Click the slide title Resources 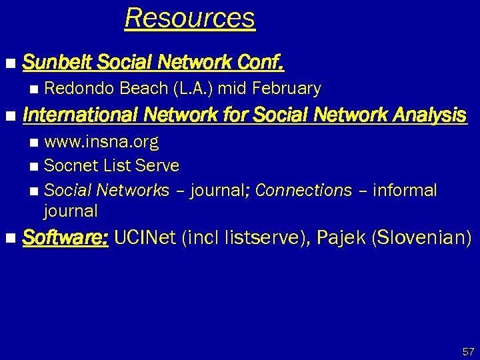pyautogui.click(x=189, y=18)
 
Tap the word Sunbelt pyautogui.click(x=57, y=63)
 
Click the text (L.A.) pyautogui.click(x=193, y=88)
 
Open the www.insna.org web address pyautogui.click(x=101, y=142)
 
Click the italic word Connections pyautogui.click(x=303, y=190)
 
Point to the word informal pyautogui.click(x=405, y=190)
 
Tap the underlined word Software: pyautogui.click(x=65, y=237)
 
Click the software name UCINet pyautogui.click(x=146, y=237)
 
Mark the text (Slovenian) pyautogui.click(x=423, y=237)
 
